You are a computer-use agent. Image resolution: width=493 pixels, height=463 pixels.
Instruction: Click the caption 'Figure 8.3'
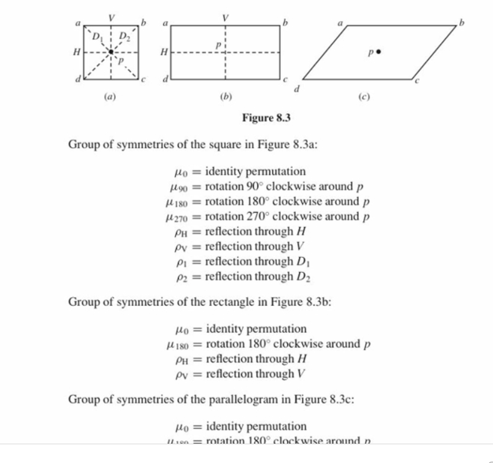pos(266,117)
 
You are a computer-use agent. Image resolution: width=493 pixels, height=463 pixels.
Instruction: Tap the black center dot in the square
pos(111,52)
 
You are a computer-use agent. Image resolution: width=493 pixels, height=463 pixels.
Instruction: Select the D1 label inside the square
pos(97,35)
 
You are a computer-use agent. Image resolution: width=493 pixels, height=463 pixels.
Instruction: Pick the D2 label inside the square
pos(124,35)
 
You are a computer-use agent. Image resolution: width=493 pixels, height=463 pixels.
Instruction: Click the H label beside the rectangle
pos(164,52)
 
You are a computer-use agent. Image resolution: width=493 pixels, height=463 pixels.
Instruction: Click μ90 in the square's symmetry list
pos(179,187)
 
